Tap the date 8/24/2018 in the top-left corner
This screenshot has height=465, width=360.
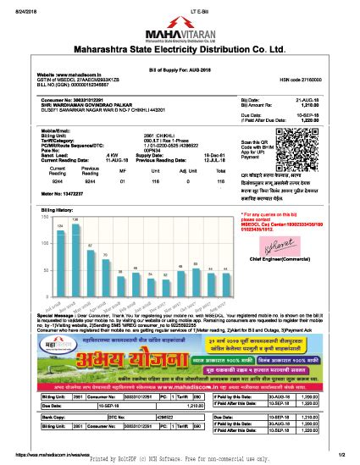17,8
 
